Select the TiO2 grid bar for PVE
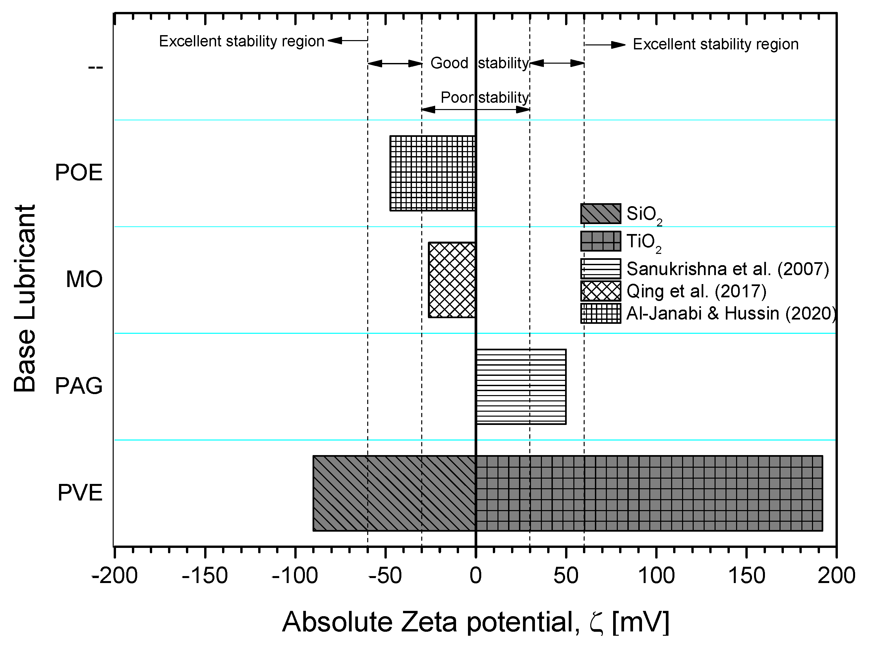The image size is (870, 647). tap(649, 493)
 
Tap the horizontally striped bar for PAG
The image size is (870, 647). tap(521, 386)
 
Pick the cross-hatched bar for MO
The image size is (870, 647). tap(452, 280)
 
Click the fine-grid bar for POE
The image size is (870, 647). tap(432, 173)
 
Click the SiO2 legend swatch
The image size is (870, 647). tap(600, 213)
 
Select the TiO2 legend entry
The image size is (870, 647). tap(644, 242)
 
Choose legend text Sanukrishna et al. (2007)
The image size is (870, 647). tap(727, 269)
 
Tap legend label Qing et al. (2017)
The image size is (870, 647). tap(696, 291)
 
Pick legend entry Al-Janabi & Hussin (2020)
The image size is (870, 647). tap(730, 313)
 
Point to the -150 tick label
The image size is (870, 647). tap(205, 576)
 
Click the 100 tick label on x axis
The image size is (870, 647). tap(656, 576)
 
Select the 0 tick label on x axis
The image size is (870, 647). tap(475, 576)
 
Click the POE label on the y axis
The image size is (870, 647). tap(79, 172)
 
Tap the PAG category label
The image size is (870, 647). tap(79, 386)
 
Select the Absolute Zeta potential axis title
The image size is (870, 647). tap(475, 622)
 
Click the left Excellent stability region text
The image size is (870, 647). tap(242, 41)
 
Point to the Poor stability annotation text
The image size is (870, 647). tap(485, 97)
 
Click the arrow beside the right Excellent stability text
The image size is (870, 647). tap(605, 45)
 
